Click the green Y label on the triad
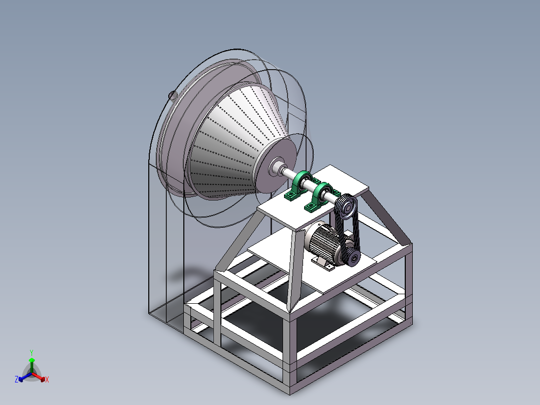32,352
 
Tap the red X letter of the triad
47,380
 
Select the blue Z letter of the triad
17,379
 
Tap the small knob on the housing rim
171,94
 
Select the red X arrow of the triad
41,377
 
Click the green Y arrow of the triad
32,364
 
